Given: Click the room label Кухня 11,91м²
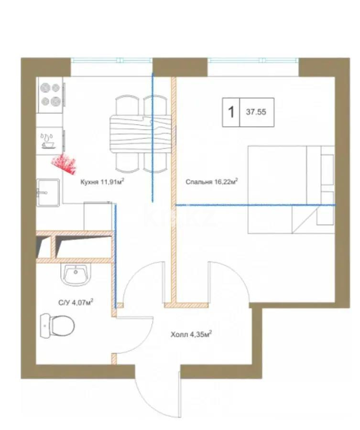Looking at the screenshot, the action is pos(102,181).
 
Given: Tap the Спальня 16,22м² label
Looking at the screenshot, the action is pos(212,181).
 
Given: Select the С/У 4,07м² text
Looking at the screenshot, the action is pos(76,302).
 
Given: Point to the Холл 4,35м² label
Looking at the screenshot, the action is pos(191,334).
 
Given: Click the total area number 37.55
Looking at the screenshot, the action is pos(256,112).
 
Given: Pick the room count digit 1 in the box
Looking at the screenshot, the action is pos(231,112).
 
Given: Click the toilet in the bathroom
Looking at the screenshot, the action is pos(57,326).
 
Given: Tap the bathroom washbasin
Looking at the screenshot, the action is pos(76,275).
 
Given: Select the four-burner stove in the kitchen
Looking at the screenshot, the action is pos(50,95).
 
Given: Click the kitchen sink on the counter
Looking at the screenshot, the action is pos(48,193).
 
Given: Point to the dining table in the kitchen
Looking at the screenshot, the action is pos(141,134).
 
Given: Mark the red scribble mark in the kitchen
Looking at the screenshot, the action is pos(64,164).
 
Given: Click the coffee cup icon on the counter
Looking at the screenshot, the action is pos(48,141).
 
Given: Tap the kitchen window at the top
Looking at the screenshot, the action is pos(111,60).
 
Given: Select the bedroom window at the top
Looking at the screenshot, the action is pos(253,60).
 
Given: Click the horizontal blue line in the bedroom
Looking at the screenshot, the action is pos(256,205).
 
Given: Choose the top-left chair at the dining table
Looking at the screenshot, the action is pos(127,105).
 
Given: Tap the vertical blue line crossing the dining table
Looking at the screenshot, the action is pos(153,138).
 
